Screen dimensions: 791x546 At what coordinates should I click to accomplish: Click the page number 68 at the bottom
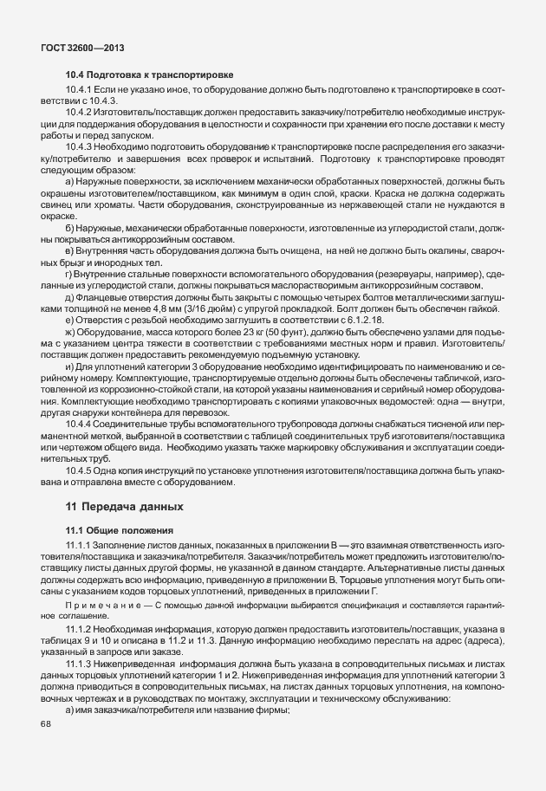(46, 725)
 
